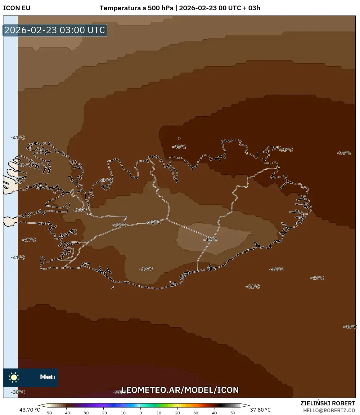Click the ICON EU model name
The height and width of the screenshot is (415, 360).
point(17,8)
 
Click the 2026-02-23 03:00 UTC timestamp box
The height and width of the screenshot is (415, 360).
point(55,30)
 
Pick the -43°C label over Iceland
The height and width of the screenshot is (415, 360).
point(210,240)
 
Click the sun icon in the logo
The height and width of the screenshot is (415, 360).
point(14,377)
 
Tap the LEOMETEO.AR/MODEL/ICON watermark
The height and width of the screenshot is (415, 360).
point(180,390)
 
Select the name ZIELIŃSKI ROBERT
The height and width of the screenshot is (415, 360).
point(328,403)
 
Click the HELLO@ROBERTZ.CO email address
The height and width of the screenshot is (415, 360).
point(329,410)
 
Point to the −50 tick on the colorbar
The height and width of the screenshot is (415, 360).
point(48,413)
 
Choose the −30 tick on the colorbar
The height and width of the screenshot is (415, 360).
point(85,413)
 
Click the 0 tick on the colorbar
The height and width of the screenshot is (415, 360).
point(141,413)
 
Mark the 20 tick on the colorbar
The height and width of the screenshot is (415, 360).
point(178,413)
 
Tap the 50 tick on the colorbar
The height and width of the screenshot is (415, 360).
point(233,413)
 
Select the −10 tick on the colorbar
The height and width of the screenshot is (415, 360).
point(122,413)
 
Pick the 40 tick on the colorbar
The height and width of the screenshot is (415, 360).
point(214,413)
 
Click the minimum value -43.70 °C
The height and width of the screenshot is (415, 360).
point(29,410)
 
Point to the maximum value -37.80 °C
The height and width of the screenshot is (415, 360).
point(259,410)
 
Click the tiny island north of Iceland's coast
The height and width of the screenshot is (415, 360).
point(179,139)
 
